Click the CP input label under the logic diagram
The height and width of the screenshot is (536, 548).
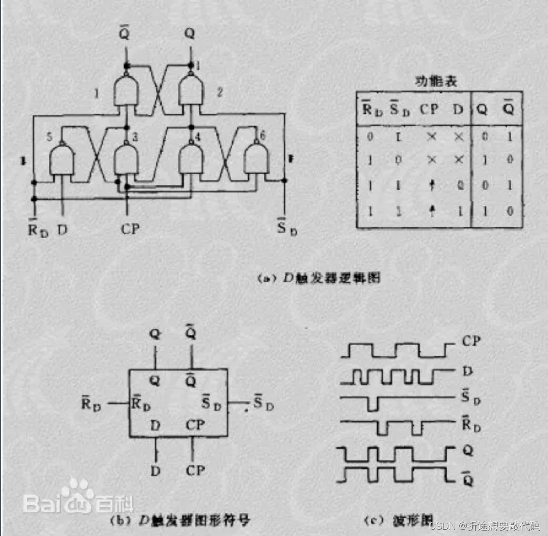[130, 229]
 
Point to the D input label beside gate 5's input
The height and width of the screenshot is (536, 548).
[62, 229]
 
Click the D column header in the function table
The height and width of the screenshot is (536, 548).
[458, 111]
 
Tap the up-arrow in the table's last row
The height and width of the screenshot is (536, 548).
[432, 212]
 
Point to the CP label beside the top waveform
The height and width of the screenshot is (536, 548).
[471, 341]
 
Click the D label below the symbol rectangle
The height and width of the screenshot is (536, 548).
[155, 470]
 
